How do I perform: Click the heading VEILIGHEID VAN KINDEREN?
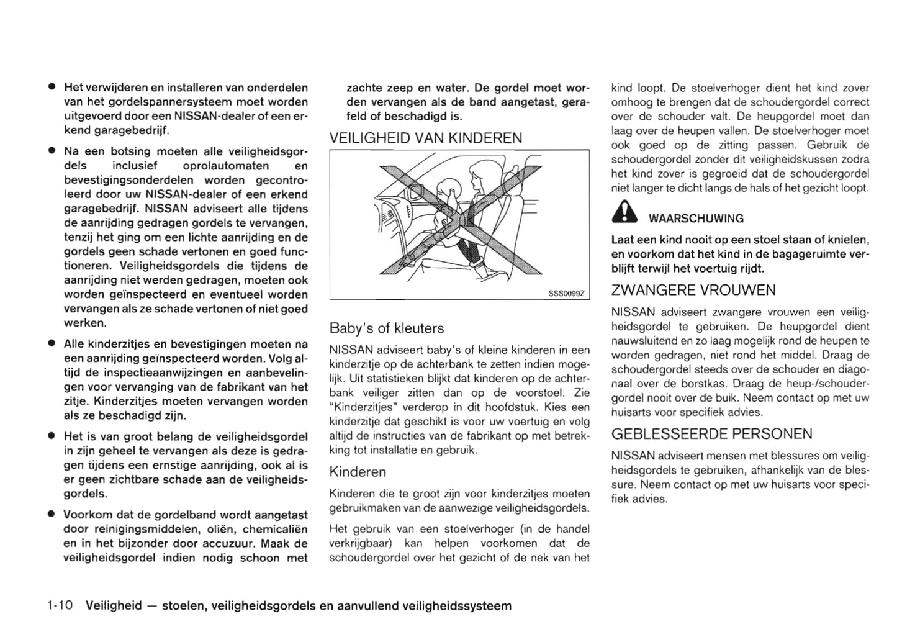click(x=425, y=138)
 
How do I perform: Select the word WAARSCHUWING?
click(x=696, y=219)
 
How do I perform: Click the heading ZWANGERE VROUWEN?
click(x=693, y=290)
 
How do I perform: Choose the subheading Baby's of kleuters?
click(x=386, y=328)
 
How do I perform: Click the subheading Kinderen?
click(x=358, y=472)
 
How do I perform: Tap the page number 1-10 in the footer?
click(x=60, y=605)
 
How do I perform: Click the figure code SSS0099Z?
click(x=567, y=293)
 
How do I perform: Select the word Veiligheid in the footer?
click(x=114, y=605)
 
